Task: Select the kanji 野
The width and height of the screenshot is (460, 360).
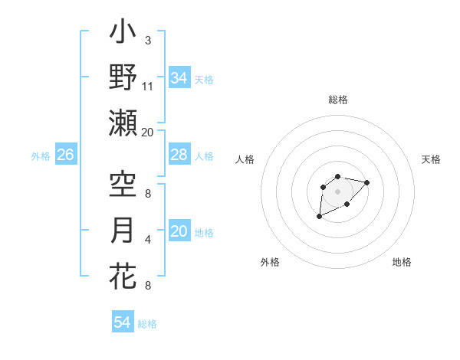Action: click(123, 77)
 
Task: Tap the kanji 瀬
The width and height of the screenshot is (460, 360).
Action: click(123, 123)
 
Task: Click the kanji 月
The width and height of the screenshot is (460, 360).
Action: click(123, 231)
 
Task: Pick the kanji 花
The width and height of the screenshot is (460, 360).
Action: click(123, 277)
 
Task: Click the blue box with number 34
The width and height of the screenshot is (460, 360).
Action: click(179, 78)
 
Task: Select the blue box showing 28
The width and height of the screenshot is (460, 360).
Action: click(179, 155)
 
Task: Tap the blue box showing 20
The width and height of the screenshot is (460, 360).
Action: click(179, 231)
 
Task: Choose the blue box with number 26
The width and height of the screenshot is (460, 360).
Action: click(65, 155)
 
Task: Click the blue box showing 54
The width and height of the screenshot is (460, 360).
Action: click(122, 322)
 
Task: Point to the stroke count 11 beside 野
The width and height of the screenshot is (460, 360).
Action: click(148, 86)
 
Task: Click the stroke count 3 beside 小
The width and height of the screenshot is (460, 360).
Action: click(147, 40)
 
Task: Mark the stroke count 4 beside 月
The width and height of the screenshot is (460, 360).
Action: click(147, 239)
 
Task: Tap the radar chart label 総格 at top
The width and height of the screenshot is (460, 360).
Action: click(337, 100)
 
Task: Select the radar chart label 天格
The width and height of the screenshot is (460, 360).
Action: click(432, 159)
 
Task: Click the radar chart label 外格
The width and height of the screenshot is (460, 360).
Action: click(270, 262)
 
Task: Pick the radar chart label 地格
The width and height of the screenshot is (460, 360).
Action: click(402, 262)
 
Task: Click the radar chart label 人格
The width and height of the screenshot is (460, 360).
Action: click(245, 159)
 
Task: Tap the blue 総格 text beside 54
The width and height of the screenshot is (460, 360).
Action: click(147, 324)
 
